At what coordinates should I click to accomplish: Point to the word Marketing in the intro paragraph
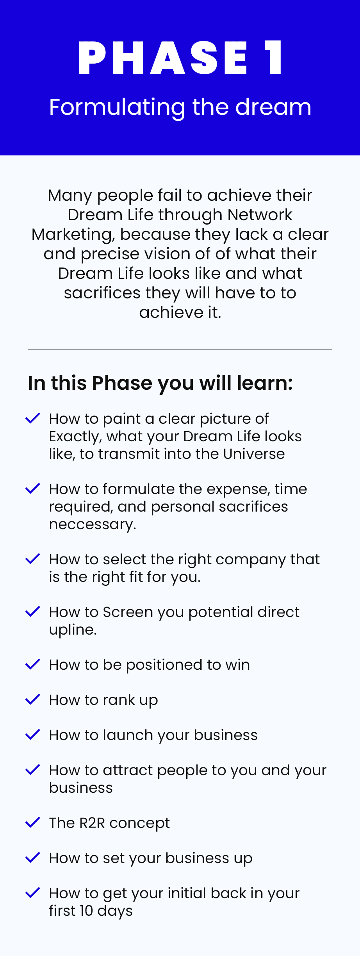(73, 235)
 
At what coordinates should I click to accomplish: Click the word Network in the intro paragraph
(260, 215)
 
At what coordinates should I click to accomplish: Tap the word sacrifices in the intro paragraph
(102, 293)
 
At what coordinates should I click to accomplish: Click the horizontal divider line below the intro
(180, 350)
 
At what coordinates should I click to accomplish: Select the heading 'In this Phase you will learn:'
(160, 383)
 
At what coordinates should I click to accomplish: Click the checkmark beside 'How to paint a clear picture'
(33, 418)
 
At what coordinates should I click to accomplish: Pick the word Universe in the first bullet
(254, 454)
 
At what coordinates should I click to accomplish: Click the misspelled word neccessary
(93, 524)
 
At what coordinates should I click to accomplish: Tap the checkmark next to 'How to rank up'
(33, 699)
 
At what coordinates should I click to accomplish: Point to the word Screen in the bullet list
(128, 612)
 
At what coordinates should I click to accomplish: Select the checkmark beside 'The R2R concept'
(33, 822)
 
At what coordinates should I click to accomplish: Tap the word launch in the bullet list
(128, 735)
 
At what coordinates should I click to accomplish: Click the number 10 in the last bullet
(86, 911)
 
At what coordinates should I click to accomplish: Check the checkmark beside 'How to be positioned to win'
(33, 664)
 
